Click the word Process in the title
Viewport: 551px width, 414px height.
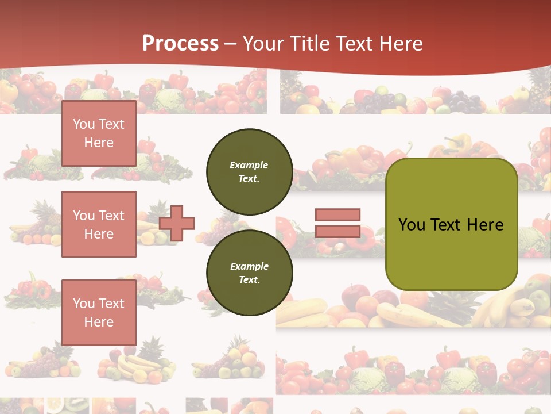[180, 44]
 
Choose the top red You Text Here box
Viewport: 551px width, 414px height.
[99, 133]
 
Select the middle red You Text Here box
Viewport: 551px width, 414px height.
[99, 224]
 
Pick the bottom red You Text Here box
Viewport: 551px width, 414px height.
[99, 312]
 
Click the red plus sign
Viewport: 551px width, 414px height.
[177, 223]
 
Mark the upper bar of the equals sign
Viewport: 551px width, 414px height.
[337, 215]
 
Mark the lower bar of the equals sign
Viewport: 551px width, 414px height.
[337, 232]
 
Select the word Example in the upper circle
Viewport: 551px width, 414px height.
[249, 165]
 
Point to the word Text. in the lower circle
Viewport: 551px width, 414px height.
[249, 280]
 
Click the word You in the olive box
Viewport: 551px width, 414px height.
[412, 225]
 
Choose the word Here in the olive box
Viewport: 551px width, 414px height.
[486, 225]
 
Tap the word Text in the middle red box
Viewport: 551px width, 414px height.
[111, 216]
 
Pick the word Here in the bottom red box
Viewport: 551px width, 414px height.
[99, 322]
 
